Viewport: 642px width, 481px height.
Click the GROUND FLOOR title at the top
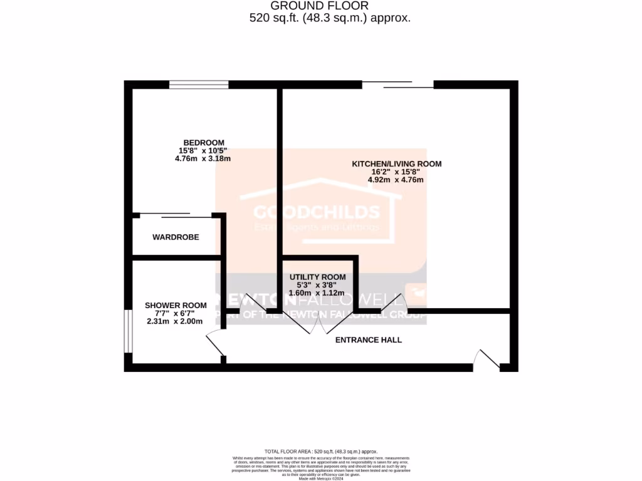tap(330, 6)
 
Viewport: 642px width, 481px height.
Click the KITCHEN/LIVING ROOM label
tap(396, 163)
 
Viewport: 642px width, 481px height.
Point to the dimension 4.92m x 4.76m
tap(396, 180)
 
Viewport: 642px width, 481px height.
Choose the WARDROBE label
tap(176, 237)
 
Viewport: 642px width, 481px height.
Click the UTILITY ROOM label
tap(317, 277)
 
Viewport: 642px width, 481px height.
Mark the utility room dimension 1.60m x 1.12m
tap(317, 292)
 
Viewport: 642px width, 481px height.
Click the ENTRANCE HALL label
tap(369, 340)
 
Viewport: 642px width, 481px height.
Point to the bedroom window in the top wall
tap(199, 85)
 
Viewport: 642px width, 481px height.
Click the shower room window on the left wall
tap(127, 331)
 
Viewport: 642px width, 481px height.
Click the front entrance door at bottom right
tap(487, 359)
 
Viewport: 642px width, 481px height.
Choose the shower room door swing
tap(215, 344)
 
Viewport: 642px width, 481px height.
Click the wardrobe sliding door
tap(176, 215)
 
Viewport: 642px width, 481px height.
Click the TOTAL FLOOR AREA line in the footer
tap(320, 451)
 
